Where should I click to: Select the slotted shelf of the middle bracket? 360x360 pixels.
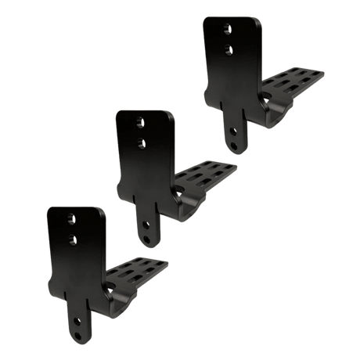click(x=205, y=176)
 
